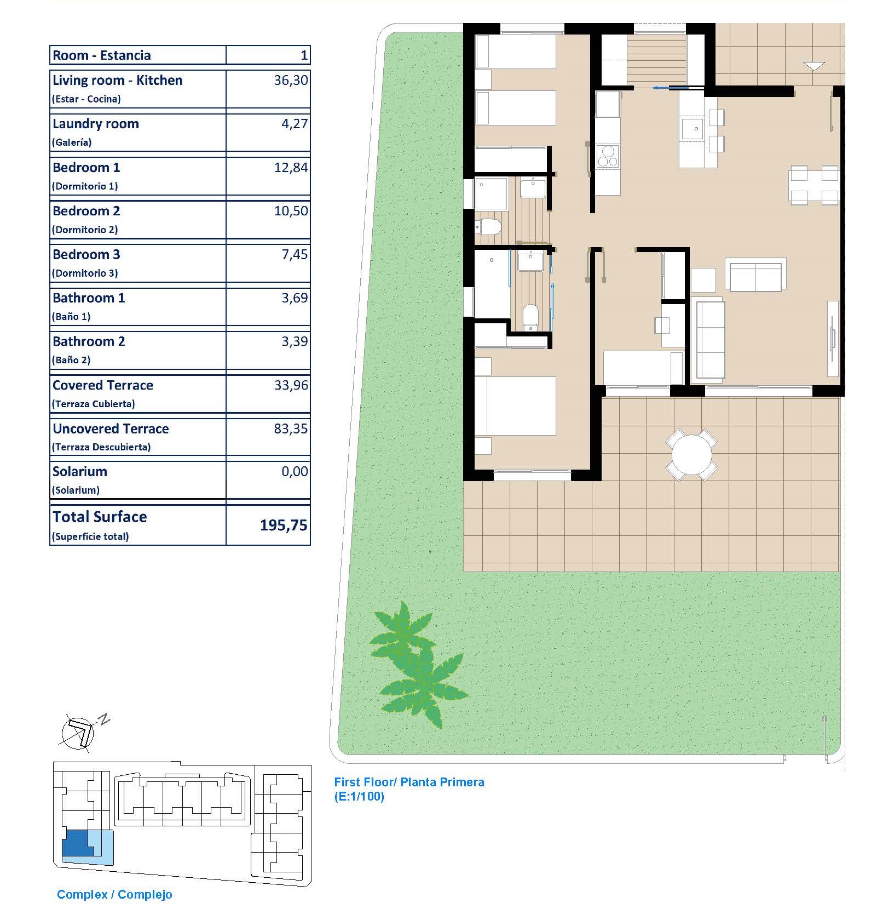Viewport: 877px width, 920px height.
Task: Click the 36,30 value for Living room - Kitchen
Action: coord(291,81)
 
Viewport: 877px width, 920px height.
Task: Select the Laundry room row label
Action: coord(96,124)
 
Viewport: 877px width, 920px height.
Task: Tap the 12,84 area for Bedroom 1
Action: coord(291,168)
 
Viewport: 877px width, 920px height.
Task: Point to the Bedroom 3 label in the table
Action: coord(86,254)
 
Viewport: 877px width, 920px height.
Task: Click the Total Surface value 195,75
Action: coord(284,525)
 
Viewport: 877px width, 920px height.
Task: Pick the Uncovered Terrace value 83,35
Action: coord(291,428)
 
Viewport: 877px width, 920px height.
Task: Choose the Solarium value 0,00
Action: coord(295,471)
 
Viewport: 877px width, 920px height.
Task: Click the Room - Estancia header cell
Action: coord(102,55)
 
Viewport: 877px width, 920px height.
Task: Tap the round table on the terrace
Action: coord(691,455)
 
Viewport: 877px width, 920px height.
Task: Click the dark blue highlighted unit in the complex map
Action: coord(78,843)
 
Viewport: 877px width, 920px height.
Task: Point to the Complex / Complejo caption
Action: coord(114,894)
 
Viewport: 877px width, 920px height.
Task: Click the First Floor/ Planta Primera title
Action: coord(409,782)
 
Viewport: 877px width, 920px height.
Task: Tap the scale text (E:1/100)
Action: coord(359,796)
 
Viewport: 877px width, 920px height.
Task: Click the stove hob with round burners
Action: coord(608,156)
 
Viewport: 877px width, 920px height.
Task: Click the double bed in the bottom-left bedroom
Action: coord(515,405)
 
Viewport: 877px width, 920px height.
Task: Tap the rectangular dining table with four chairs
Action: coord(814,186)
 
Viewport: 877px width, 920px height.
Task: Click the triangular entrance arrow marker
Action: coord(814,66)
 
